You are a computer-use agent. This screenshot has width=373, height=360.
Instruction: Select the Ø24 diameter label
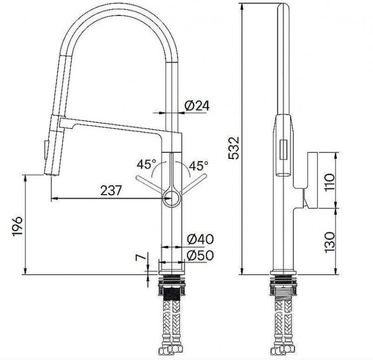point(197,106)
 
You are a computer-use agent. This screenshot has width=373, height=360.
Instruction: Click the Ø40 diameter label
point(200,240)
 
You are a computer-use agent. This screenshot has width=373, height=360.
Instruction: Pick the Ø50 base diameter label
point(200,255)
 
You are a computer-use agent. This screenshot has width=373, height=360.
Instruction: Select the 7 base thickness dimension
point(141,258)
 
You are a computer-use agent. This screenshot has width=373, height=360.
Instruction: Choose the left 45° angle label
point(148,164)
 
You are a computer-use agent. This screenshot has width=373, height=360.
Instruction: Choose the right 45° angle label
point(199,164)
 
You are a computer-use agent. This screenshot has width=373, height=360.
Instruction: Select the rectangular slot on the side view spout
point(284,149)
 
